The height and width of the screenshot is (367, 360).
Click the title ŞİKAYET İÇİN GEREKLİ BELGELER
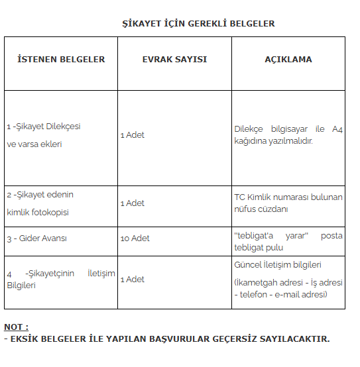tap(198, 23)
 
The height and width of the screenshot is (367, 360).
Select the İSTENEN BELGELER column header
tap(61, 59)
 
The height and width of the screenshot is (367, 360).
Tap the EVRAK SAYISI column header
tap(174, 59)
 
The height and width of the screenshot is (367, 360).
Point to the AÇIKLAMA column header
tap(288, 59)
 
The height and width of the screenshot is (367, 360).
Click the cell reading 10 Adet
tap(135, 238)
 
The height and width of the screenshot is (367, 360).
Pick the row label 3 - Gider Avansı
tap(36, 238)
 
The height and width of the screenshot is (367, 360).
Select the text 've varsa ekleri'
tap(34, 144)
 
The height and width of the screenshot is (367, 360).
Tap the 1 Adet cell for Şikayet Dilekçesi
tap(132, 134)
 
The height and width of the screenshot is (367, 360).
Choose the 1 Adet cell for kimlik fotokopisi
tap(132, 203)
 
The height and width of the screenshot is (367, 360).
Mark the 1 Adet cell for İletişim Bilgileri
tap(132, 279)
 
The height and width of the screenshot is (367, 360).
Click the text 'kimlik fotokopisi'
tap(38, 212)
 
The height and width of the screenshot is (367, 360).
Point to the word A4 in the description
tap(337, 129)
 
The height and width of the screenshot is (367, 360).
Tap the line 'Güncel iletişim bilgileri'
tap(278, 264)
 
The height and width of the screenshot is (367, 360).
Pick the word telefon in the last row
tap(253, 293)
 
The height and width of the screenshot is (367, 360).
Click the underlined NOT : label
tap(16, 327)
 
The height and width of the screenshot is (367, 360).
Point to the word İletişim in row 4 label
tap(101, 273)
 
